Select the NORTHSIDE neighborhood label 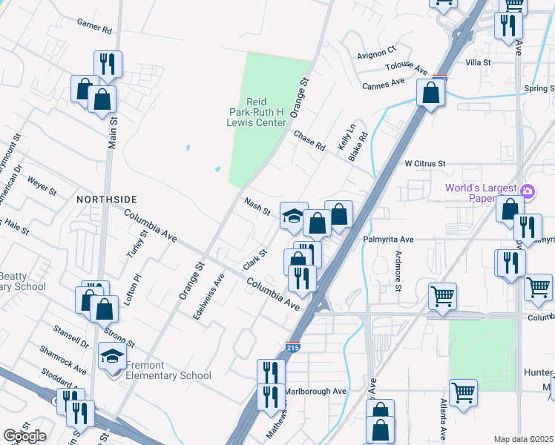coord(107,200)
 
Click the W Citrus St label coord(424,163)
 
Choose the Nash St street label coord(257,206)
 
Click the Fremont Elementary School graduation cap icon coord(112,357)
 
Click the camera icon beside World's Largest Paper coord(527,191)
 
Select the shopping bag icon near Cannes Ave coord(430,93)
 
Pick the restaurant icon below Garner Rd coord(108,64)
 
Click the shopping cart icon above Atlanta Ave coord(463,391)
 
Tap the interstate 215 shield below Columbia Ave coord(293,346)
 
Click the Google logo coord(25,436)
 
